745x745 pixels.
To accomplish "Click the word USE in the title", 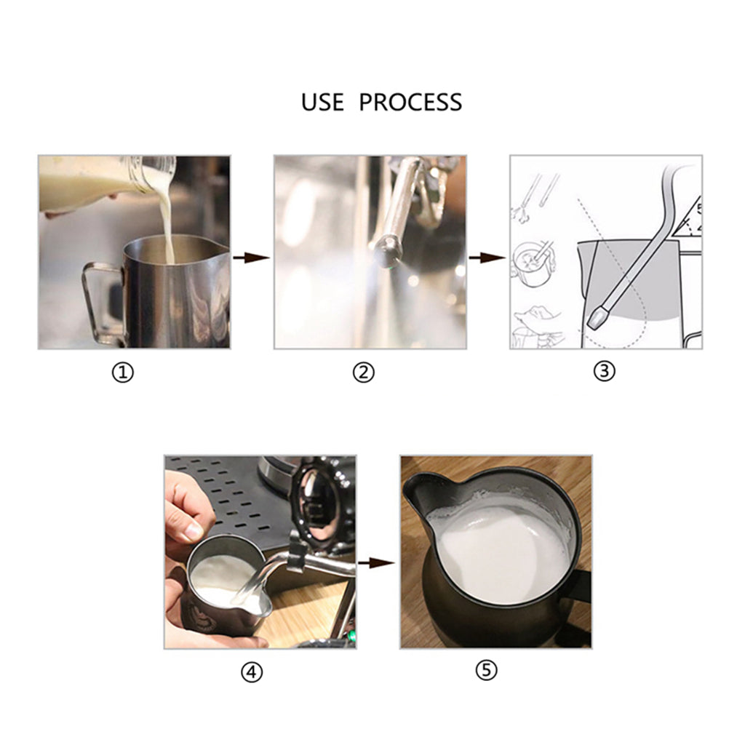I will pyautogui.click(x=322, y=102).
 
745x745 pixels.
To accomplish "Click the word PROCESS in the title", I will pyautogui.click(x=410, y=102).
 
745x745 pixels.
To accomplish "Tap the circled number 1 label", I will pyautogui.click(x=123, y=373).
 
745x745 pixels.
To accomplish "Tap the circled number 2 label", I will pyautogui.click(x=363, y=373).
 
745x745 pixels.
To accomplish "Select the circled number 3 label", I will pyautogui.click(x=604, y=371).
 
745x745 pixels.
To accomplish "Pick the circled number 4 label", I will pyautogui.click(x=251, y=673).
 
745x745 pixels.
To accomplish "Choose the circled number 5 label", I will pyautogui.click(x=487, y=670).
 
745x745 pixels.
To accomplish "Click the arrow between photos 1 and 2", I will pyautogui.click(x=252, y=258).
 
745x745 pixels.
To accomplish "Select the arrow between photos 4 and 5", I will pyautogui.click(x=375, y=562).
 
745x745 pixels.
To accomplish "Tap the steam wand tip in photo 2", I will pyautogui.click(x=386, y=253).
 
